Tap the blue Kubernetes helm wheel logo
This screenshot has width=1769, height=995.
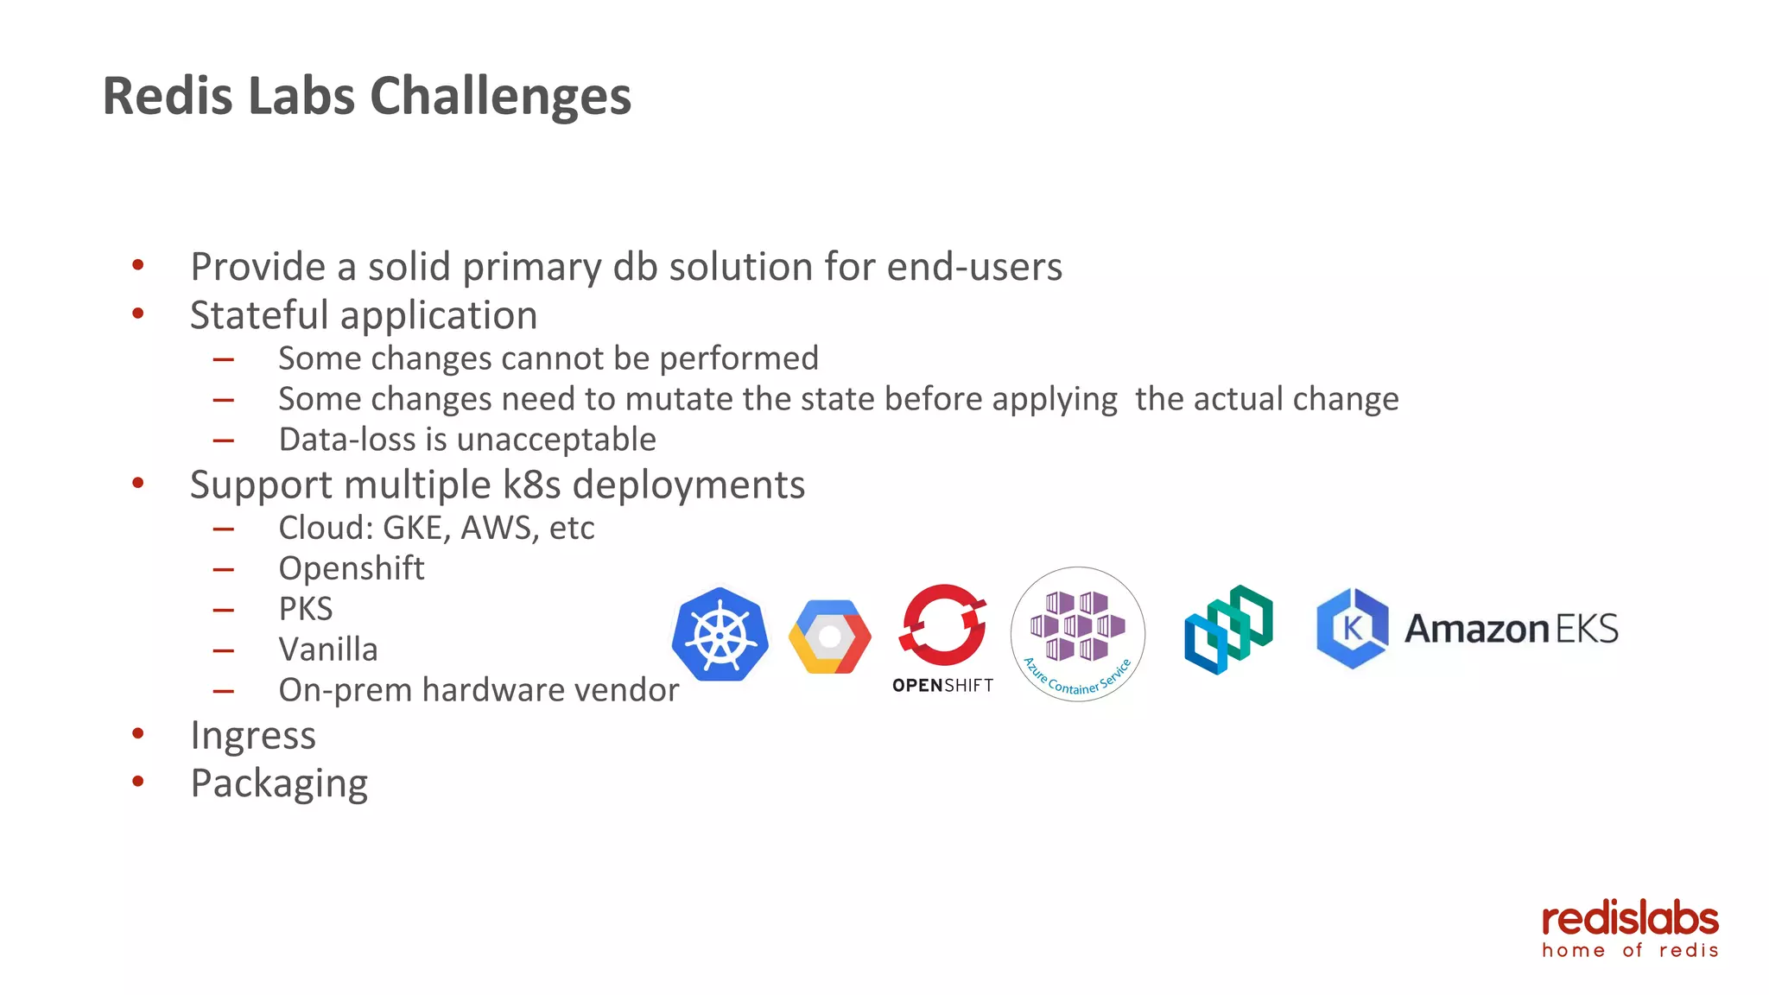click(720, 635)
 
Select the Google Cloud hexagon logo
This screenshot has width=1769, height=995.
click(829, 637)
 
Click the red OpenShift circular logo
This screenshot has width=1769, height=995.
click(942, 624)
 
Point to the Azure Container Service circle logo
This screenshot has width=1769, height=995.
click(1077, 634)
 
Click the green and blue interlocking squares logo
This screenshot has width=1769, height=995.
click(1228, 630)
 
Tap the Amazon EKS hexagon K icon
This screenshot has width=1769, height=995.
click(1352, 628)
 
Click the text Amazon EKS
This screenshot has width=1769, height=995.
click(1511, 629)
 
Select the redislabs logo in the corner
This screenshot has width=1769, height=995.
click(1630, 928)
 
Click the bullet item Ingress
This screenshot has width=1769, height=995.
click(253, 736)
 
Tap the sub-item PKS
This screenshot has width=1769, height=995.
click(306, 609)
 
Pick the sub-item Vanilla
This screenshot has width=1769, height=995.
click(328, 650)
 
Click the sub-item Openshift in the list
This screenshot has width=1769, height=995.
click(352, 568)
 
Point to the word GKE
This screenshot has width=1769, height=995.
click(416, 528)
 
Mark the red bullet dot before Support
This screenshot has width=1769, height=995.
click(138, 484)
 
